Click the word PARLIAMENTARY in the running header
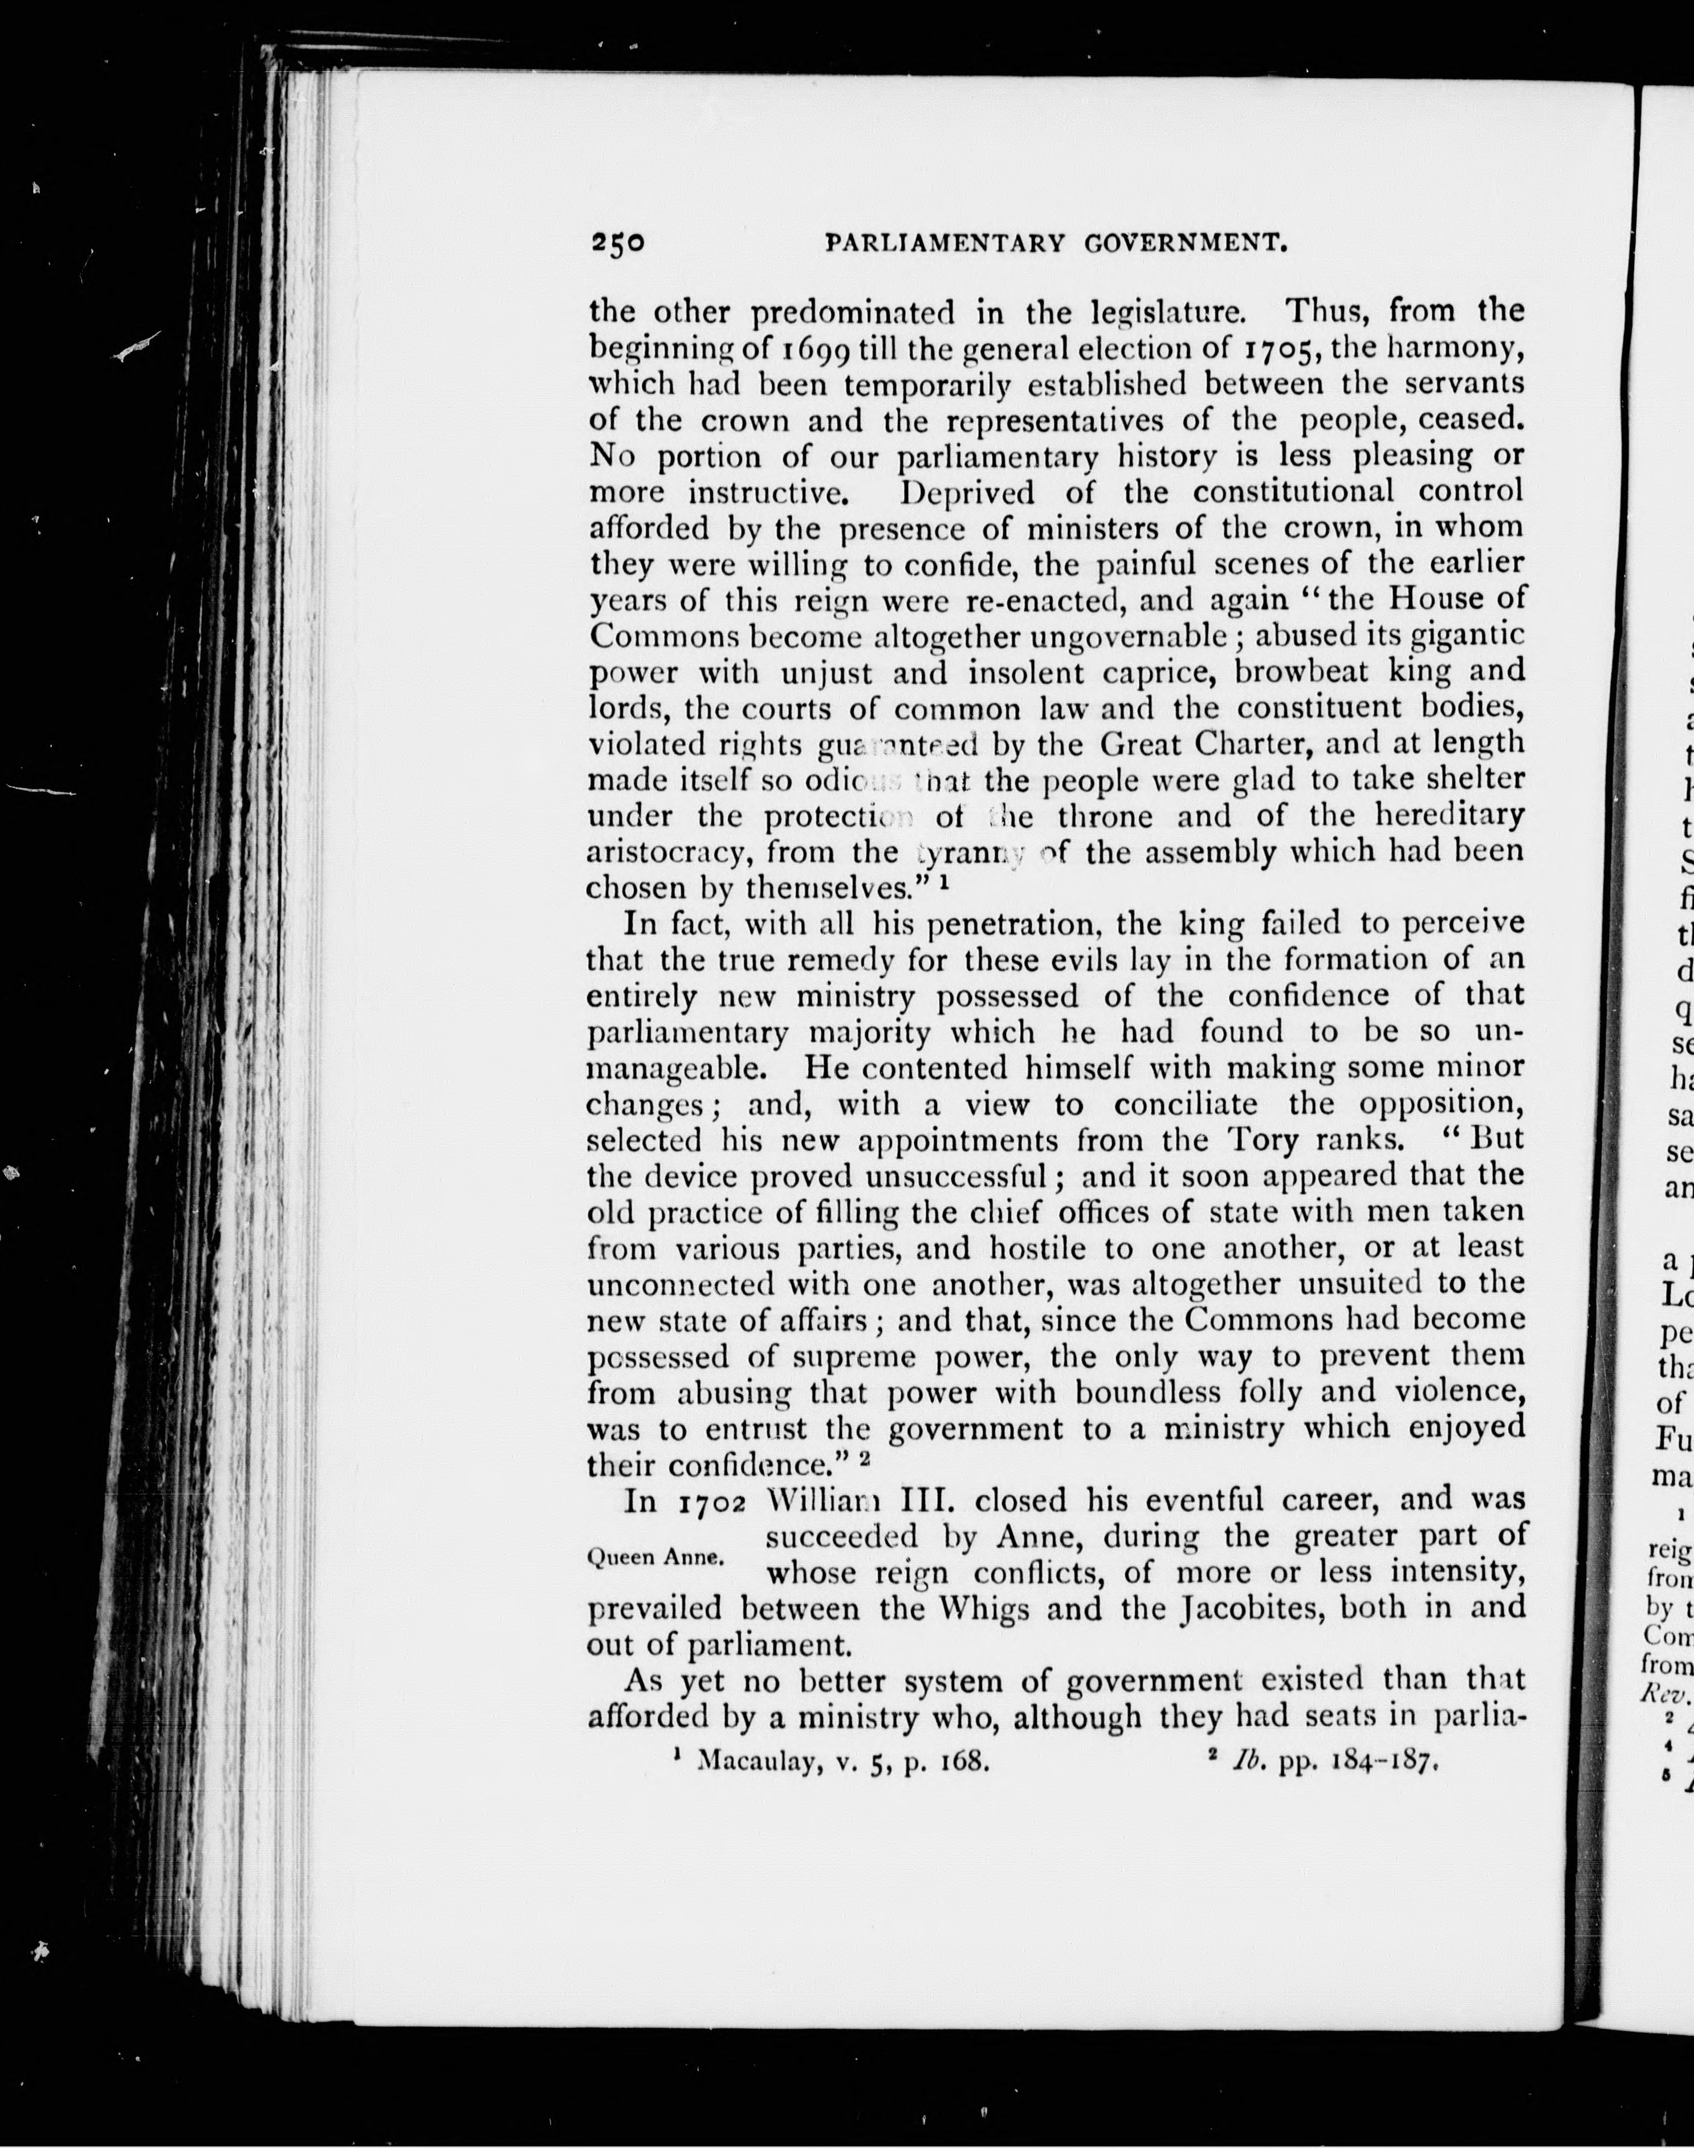[945, 243]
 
